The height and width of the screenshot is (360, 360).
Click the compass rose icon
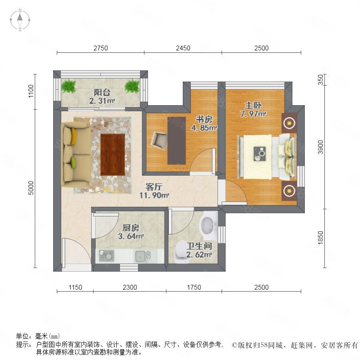tap(20, 20)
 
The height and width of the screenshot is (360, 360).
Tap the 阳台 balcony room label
tap(102, 92)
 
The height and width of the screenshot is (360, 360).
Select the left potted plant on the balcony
tap(69, 86)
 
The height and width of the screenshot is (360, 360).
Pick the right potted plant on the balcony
tap(132, 86)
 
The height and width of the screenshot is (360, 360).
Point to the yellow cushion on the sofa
tap(74, 136)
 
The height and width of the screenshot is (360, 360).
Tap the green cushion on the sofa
tap(74, 162)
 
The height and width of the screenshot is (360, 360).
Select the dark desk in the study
tap(176, 140)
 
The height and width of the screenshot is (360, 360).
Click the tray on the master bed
tap(260, 154)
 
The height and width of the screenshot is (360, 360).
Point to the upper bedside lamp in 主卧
tap(289, 123)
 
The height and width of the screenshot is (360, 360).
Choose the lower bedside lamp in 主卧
tap(289, 190)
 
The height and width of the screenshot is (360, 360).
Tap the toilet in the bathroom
tap(181, 252)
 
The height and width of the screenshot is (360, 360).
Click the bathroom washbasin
tap(208, 226)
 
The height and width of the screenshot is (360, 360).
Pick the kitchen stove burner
tap(106, 256)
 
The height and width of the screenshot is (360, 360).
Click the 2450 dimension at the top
tap(183, 48)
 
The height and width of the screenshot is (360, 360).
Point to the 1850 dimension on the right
tap(320, 238)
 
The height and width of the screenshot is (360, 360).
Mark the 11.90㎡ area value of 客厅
tap(154, 195)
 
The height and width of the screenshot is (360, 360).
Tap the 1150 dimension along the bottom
tap(75, 287)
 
